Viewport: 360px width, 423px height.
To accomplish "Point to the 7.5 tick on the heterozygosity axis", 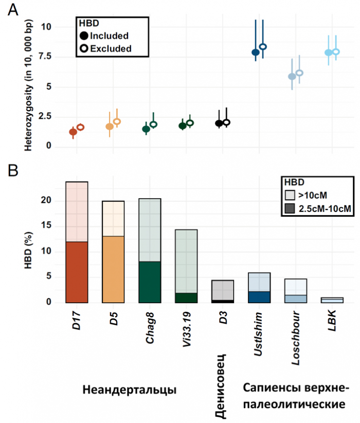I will pyautogui.click(x=47, y=56).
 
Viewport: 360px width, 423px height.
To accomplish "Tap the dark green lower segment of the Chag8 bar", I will pyautogui.click(x=150, y=282).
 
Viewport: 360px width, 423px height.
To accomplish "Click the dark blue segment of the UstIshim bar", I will pyautogui.click(x=259, y=297).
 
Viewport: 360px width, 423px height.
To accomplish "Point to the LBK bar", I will pyautogui.click(x=332, y=300).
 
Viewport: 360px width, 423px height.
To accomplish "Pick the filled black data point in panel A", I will pyautogui.click(x=219, y=123).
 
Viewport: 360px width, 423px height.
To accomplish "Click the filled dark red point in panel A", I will pyautogui.click(x=73, y=132).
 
